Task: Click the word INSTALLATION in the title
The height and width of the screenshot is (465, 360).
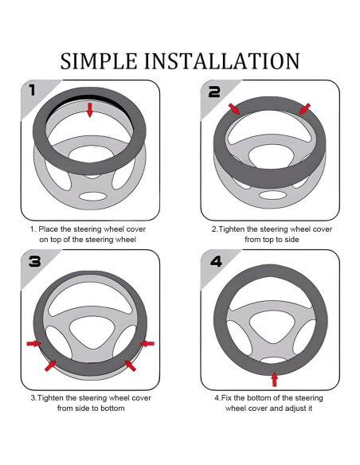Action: [221, 61]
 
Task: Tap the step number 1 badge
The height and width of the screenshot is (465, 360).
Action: [33, 90]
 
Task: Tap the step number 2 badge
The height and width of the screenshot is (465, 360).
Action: [214, 92]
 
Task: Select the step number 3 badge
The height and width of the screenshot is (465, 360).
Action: [35, 261]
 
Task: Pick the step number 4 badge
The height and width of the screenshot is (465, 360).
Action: [216, 261]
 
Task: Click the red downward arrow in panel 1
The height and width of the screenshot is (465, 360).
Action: [90, 110]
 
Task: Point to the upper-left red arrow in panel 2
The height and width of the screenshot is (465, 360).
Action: [234, 109]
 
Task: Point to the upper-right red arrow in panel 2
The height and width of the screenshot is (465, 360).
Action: [305, 109]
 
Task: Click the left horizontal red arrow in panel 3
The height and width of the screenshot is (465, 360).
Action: [33, 343]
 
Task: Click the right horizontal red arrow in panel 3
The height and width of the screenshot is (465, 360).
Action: [147, 343]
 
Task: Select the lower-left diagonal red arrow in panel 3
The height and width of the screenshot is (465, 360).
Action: [50, 365]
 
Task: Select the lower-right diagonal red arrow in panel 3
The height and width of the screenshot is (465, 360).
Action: [130, 365]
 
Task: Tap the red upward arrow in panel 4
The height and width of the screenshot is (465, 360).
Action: [275, 379]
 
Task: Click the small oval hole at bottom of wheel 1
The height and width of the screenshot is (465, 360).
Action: [92, 197]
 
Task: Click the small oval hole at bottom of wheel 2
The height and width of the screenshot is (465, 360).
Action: [272, 195]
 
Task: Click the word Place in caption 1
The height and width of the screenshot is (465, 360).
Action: [49, 229]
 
